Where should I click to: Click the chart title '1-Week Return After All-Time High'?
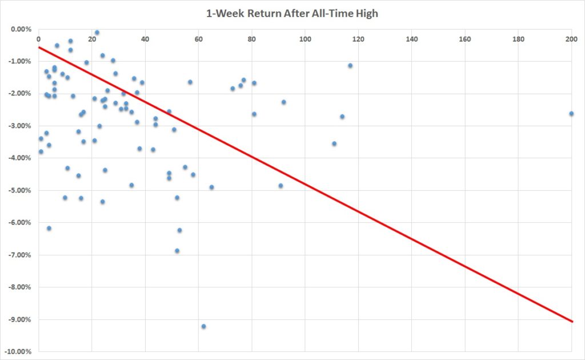(292, 13)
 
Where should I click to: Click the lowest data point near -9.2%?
(203, 326)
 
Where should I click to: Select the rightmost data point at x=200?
(571, 114)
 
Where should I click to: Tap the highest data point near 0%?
(97, 33)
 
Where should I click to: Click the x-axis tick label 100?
(305, 39)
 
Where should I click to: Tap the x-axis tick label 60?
(198, 39)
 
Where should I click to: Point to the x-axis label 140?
(411, 39)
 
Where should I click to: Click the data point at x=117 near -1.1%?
(350, 66)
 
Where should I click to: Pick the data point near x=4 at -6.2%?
(49, 228)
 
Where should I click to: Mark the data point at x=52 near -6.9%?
(177, 251)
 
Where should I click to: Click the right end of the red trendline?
(572, 322)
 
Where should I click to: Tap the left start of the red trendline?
(38, 47)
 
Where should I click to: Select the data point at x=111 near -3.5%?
(334, 143)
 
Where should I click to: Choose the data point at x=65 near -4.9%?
(211, 187)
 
